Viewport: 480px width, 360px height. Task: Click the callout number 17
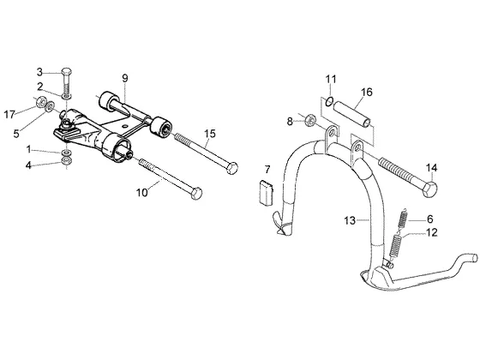coord(9,115)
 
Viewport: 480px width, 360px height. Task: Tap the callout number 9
coord(124,78)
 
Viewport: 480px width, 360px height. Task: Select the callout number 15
coord(210,134)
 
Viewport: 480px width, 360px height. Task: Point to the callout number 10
coord(142,193)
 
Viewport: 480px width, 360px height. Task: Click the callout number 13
coord(350,220)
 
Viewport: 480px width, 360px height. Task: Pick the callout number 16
coord(367,92)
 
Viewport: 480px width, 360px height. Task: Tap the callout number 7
coord(267,170)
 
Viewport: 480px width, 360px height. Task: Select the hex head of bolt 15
coord(232,168)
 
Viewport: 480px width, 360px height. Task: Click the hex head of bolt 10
coord(196,193)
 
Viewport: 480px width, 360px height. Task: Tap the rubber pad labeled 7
coord(266,192)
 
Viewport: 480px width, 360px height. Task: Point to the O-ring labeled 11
coord(329,101)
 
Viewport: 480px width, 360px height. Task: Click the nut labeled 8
coord(310,120)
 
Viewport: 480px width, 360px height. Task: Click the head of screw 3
coord(68,71)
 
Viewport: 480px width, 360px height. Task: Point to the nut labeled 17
coord(40,102)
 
